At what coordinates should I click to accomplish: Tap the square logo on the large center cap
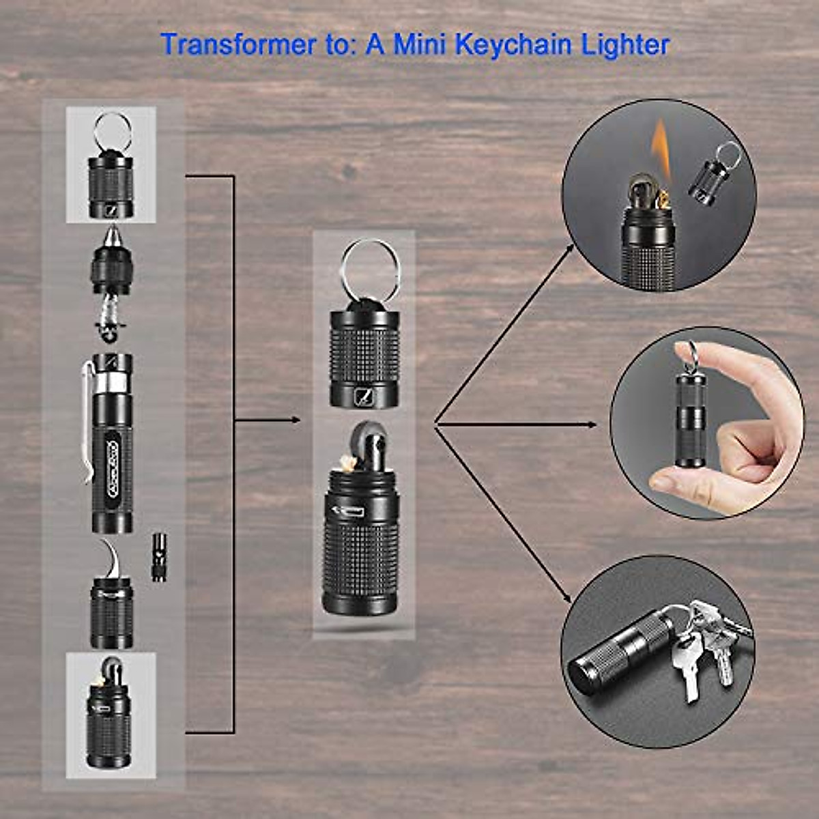363,395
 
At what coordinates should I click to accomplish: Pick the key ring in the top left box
112,131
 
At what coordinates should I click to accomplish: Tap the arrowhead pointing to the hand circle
591,425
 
